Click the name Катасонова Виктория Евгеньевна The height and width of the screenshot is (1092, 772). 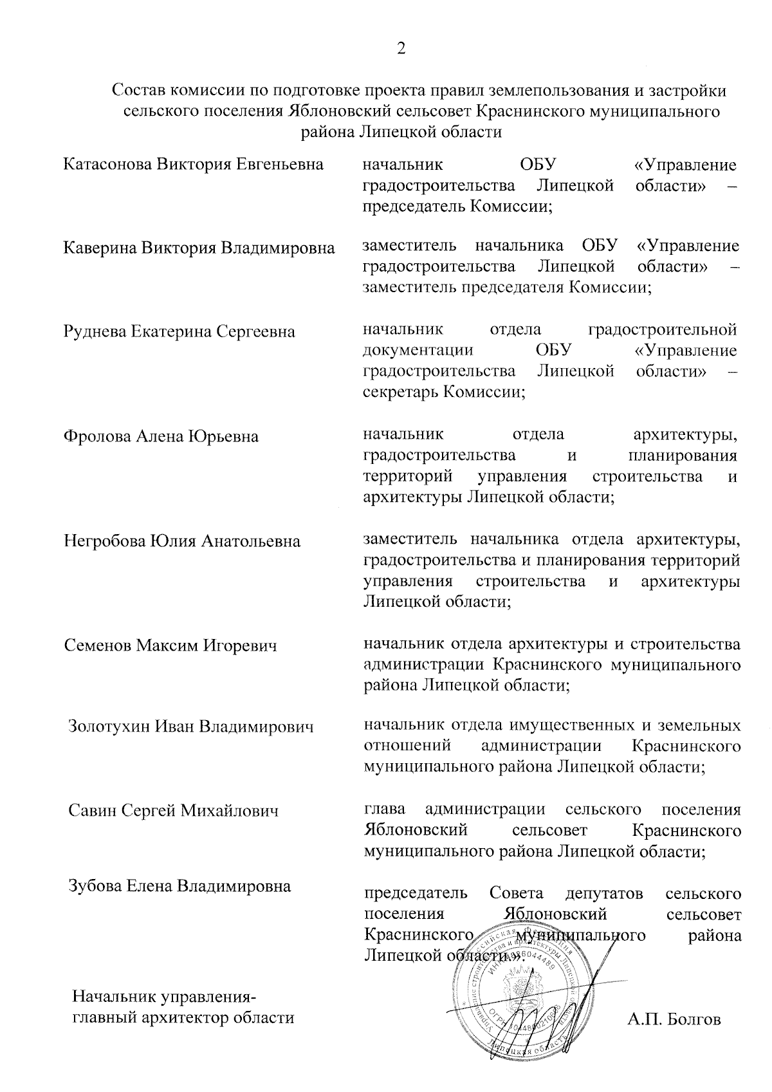click(x=194, y=164)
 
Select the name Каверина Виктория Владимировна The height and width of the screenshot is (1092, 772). click(x=199, y=248)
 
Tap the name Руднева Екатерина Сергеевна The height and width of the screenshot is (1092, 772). click(x=179, y=331)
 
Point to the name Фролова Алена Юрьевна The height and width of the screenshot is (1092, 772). click(x=161, y=436)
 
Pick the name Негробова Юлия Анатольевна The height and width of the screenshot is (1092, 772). click(x=182, y=541)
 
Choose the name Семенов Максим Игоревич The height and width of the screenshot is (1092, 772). click(x=170, y=645)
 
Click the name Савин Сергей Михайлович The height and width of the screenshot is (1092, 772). click(x=174, y=810)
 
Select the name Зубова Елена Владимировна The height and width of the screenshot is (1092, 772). click(x=179, y=886)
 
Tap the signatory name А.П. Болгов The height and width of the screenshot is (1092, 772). click(x=674, y=1019)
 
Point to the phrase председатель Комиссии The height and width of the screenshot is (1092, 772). click(x=458, y=207)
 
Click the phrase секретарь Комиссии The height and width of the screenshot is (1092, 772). click(x=444, y=392)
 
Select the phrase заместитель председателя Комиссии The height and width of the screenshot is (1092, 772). click(x=508, y=288)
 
